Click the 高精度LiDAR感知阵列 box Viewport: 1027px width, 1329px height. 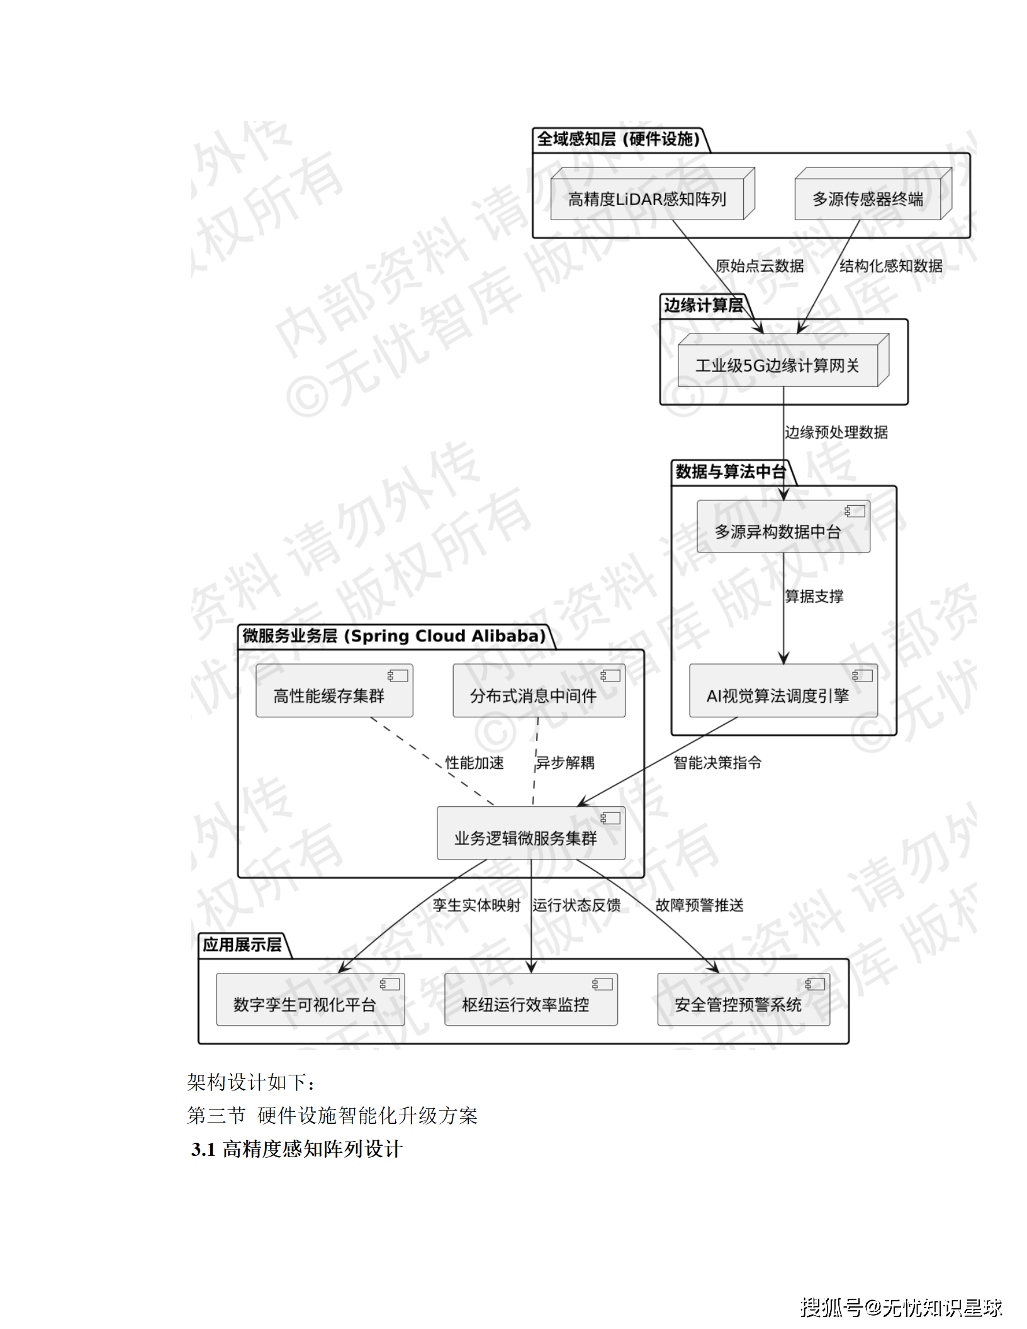pyautogui.click(x=647, y=199)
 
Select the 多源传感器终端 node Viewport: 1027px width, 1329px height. pyautogui.click(x=868, y=199)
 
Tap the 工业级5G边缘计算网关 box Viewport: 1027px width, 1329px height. pyautogui.click(x=777, y=365)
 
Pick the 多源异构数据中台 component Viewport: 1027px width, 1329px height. pyautogui.click(x=778, y=532)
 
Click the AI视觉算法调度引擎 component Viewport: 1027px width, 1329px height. pyautogui.click(x=778, y=695)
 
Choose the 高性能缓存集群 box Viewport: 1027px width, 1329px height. pyautogui.click(x=329, y=695)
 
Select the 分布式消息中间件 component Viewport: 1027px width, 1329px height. pyautogui.click(x=534, y=695)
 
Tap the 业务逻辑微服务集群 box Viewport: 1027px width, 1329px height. pyautogui.click(x=526, y=838)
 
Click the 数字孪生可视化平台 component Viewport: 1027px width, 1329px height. pyautogui.click(x=305, y=1004)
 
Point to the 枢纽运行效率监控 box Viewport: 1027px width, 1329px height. pyautogui.click(x=526, y=1004)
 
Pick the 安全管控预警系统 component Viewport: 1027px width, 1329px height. pyautogui.click(x=738, y=1004)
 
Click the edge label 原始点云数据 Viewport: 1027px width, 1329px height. pyautogui.click(x=760, y=266)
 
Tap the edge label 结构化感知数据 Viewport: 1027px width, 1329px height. pyautogui.click(x=890, y=266)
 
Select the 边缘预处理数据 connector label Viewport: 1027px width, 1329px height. pyautogui.click(x=836, y=432)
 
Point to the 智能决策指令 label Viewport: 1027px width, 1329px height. pyautogui.click(x=717, y=763)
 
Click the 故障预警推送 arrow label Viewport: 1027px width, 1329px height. pyautogui.click(x=699, y=905)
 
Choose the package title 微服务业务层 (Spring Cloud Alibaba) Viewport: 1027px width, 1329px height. pyautogui.click(x=394, y=636)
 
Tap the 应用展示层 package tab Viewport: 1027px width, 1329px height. pyautogui.click(x=242, y=945)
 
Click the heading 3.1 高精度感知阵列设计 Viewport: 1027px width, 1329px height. pyautogui.click(x=297, y=1149)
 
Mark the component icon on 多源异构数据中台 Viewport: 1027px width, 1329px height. pyautogui.click(x=855, y=511)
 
